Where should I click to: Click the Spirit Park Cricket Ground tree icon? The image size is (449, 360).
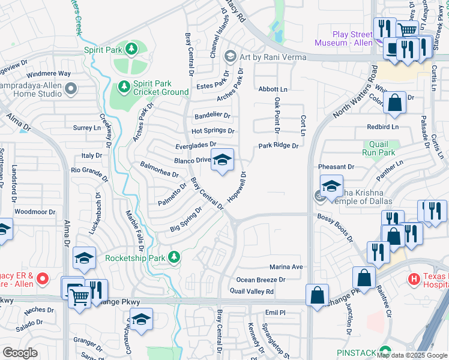click(124, 87)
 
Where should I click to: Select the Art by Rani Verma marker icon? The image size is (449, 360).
click(229, 57)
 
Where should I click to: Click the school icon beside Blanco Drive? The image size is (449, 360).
click(222, 160)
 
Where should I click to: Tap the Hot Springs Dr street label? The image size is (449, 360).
click(212, 131)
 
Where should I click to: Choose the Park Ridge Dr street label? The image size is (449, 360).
click(279, 146)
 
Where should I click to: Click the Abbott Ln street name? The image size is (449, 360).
click(273, 89)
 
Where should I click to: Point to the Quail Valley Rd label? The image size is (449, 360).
click(252, 292)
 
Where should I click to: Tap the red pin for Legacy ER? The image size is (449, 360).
click(42, 278)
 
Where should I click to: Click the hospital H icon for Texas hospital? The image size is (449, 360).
click(414, 278)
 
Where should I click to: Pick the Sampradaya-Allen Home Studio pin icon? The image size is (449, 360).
click(71, 89)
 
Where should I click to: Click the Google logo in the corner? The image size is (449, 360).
click(20, 353)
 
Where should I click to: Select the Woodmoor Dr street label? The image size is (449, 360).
click(35, 212)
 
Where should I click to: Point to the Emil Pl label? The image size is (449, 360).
click(275, 313)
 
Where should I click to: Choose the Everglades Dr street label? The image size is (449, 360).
click(196, 145)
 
